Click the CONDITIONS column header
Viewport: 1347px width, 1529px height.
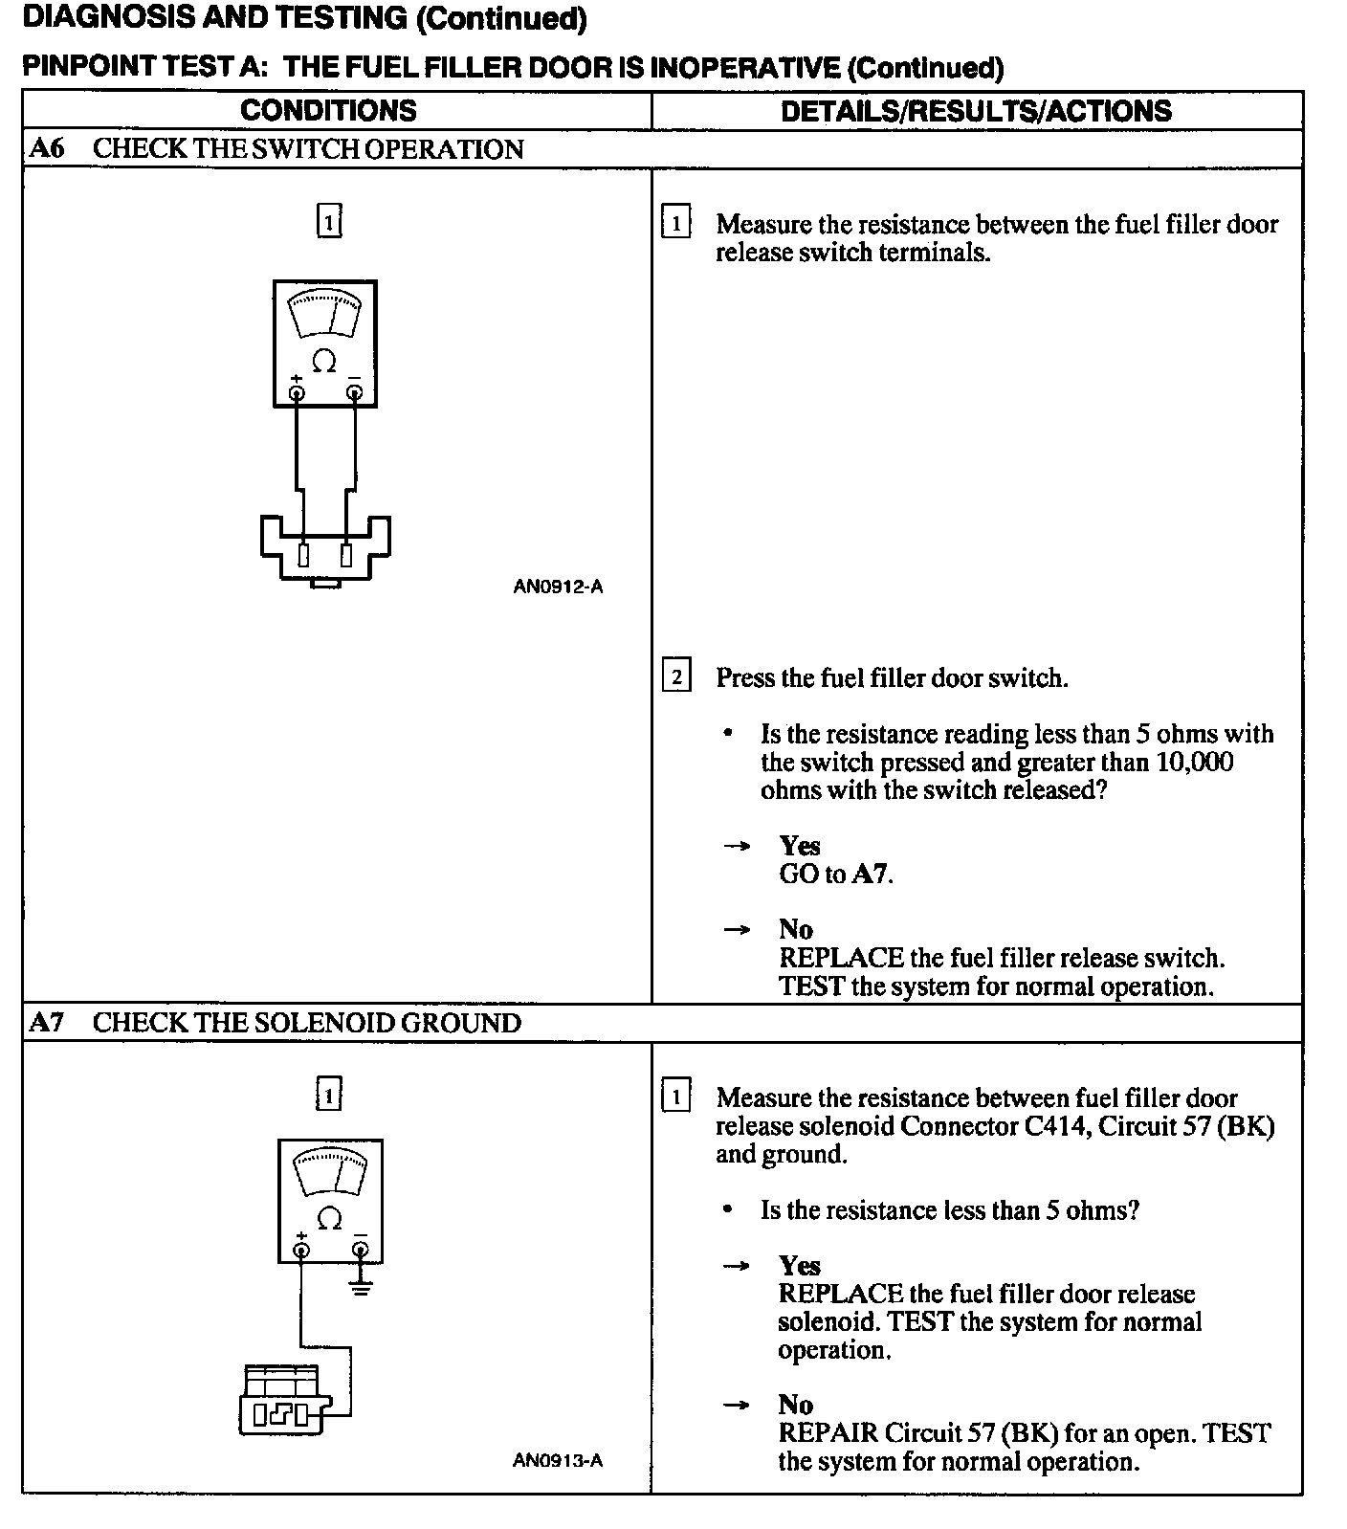(328, 110)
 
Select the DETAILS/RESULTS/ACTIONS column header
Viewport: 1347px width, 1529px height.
(976, 110)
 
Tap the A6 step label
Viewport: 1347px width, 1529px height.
(47, 148)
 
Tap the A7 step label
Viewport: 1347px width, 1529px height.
(47, 1022)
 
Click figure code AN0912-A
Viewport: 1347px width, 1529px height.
(558, 587)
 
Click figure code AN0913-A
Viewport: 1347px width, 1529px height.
(558, 1460)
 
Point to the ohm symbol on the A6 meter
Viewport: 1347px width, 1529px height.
(324, 362)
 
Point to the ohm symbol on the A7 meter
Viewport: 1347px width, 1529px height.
(329, 1218)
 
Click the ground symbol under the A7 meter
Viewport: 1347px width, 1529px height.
(361, 1287)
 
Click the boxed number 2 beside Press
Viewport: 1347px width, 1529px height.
(676, 677)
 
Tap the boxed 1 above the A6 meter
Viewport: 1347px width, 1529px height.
(328, 222)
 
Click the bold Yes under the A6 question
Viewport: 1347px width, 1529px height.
(799, 845)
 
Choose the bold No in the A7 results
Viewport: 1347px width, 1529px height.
(795, 1405)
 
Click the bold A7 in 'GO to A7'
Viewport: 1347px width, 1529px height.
(870, 874)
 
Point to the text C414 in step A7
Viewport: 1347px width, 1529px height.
(1056, 1126)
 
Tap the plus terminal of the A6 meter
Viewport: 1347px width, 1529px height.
(297, 392)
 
